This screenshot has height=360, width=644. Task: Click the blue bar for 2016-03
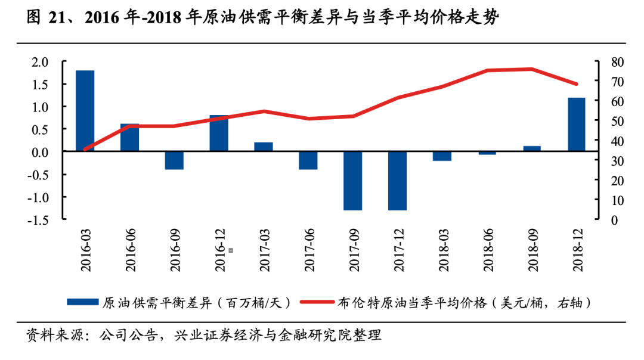pyautogui.click(x=85, y=111)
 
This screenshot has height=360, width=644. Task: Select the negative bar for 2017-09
pyautogui.click(x=353, y=181)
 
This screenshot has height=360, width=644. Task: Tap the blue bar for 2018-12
pyautogui.click(x=577, y=125)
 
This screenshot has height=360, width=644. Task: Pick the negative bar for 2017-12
pyautogui.click(x=398, y=181)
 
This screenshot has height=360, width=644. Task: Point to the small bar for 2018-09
pyautogui.click(x=532, y=148)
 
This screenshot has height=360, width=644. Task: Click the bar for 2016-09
pyautogui.click(x=174, y=160)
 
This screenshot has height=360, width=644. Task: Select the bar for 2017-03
pyautogui.click(x=264, y=147)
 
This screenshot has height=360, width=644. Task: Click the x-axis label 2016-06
pyautogui.click(x=130, y=250)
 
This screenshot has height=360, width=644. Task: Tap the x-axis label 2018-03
pyautogui.click(x=443, y=250)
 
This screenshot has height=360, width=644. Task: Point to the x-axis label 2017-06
pyautogui.click(x=309, y=250)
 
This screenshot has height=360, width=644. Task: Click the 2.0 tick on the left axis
pyautogui.click(x=40, y=62)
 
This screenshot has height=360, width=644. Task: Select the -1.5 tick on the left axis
pyautogui.click(x=38, y=220)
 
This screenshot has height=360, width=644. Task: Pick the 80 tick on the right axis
pyautogui.click(x=617, y=62)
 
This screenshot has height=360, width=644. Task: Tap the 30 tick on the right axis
pyautogui.click(x=617, y=161)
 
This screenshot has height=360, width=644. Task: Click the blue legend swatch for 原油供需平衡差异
pyautogui.click(x=82, y=302)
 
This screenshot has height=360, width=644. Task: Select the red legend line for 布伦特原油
pyautogui.click(x=317, y=302)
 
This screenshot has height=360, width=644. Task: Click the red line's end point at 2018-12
pyautogui.click(x=576, y=84)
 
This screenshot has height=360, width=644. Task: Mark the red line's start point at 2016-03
pyautogui.click(x=85, y=150)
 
